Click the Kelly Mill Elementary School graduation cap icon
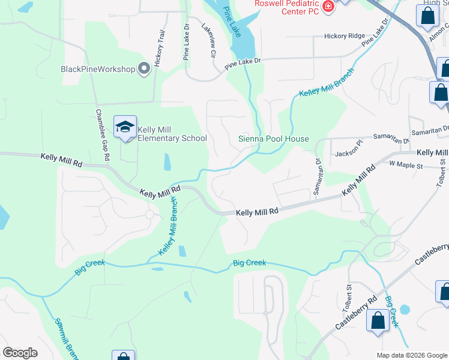(125, 127)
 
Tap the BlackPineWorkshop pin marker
(144, 69)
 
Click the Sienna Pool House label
(274, 139)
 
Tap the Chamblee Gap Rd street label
(103, 135)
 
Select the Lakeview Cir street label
(208, 41)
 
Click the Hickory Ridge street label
(344, 36)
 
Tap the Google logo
(20, 353)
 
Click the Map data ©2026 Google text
(412, 355)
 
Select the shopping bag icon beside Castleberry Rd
(378, 320)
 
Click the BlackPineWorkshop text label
(98, 69)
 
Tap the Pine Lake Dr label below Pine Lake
(244, 61)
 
